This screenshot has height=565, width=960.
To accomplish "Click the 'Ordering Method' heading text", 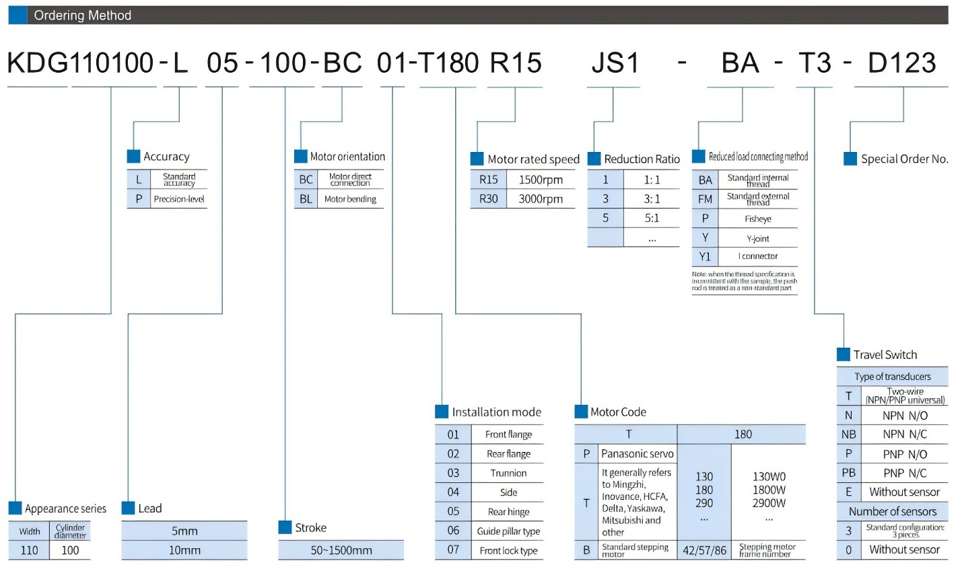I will [83, 15].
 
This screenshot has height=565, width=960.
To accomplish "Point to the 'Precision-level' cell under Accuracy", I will [178, 199].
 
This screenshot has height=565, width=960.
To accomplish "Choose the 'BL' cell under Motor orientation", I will [306, 199].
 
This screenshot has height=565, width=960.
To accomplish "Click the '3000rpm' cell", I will [541, 199].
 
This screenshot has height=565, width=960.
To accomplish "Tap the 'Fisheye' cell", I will [757, 219].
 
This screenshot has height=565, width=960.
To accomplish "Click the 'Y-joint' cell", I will [757, 237].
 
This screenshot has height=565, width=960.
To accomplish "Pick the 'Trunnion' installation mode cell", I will [508, 473].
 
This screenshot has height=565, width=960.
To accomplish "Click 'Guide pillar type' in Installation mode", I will [508, 531].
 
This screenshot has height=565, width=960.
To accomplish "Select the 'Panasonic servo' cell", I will [636, 453].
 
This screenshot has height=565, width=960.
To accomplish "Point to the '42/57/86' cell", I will [704, 550].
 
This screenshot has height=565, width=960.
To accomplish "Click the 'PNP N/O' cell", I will [904, 453].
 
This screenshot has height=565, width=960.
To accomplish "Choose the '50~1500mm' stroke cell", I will [341, 550].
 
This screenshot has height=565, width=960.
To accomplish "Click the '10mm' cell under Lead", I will [184, 550].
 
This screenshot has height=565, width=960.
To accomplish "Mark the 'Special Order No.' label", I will [904, 159].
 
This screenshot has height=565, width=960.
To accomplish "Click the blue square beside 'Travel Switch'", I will [843, 354].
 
